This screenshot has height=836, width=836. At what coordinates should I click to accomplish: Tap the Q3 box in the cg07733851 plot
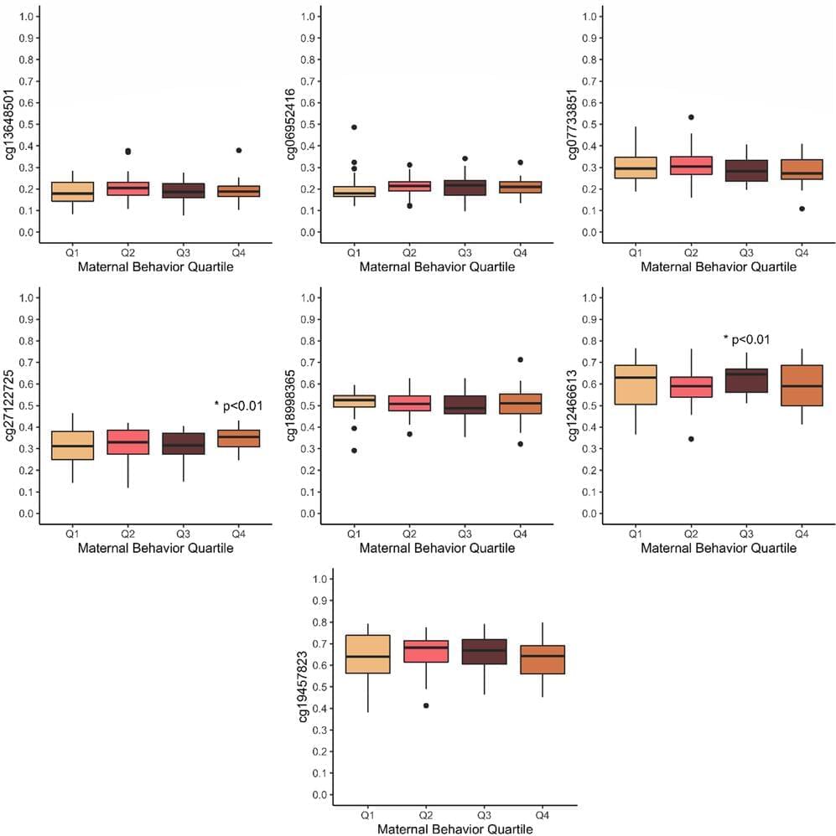click(746, 171)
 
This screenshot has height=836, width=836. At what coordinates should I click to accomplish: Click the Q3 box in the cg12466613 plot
click(746, 380)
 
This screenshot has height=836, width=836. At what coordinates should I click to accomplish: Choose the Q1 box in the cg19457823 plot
click(367, 665)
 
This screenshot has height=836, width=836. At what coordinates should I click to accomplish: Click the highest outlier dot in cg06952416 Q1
click(354, 127)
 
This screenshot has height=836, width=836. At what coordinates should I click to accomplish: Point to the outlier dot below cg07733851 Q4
click(802, 209)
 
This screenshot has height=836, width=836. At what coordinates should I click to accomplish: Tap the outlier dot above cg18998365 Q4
click(520, 359)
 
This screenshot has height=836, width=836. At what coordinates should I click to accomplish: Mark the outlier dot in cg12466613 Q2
click(691, 439)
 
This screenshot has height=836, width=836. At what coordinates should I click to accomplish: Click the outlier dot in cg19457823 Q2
click(426, 705)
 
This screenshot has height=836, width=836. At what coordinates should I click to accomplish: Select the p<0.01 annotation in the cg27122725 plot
click(239, 406)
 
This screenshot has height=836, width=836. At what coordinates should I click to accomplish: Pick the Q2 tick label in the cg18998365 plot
click(409, 533)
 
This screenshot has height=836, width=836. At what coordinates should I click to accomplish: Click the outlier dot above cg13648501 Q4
click(239, 151)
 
